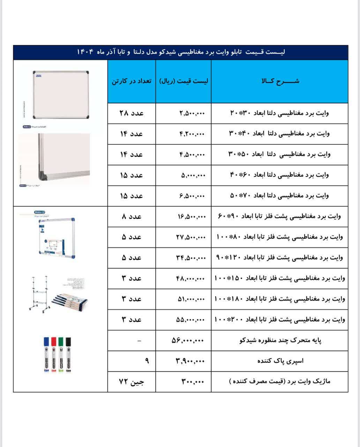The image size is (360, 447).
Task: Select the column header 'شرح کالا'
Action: (x=280, y=81)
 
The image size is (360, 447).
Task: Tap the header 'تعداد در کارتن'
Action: (x=132, y=81)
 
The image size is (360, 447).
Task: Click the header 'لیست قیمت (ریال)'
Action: (x=183, y=81)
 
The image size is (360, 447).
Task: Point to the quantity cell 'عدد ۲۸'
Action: (x=132, y=113)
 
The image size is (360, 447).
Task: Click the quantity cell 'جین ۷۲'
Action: (x=132, y=382)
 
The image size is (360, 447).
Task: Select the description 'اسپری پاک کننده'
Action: (x=280, y=361)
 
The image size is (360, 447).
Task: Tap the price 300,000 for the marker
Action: (x=192, y=382)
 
